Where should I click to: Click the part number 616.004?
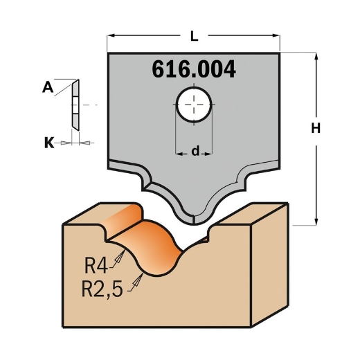click(193, 70)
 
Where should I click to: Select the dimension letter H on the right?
click(315, 128)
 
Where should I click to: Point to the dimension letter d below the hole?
click(195, 150)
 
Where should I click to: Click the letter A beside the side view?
click(48, 87)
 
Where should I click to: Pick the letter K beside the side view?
click(48, 143)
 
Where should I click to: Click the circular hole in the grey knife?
click(195, 105)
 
